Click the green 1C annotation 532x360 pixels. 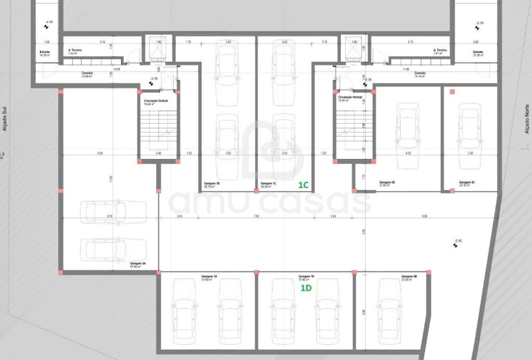coord(303,185)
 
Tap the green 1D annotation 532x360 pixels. coord(305,288)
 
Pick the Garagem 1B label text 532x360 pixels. coord(212,184)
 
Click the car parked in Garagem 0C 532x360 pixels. coord(469,135)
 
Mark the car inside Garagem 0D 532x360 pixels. coord(407,135)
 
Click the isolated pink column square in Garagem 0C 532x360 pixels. coord(452,92)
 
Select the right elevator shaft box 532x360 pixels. coord(354,49)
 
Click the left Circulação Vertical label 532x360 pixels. coord(156,102)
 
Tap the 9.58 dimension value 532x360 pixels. coord(424,216)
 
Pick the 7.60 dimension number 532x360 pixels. coord(256,216)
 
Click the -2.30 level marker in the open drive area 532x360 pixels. coord(456,243)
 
